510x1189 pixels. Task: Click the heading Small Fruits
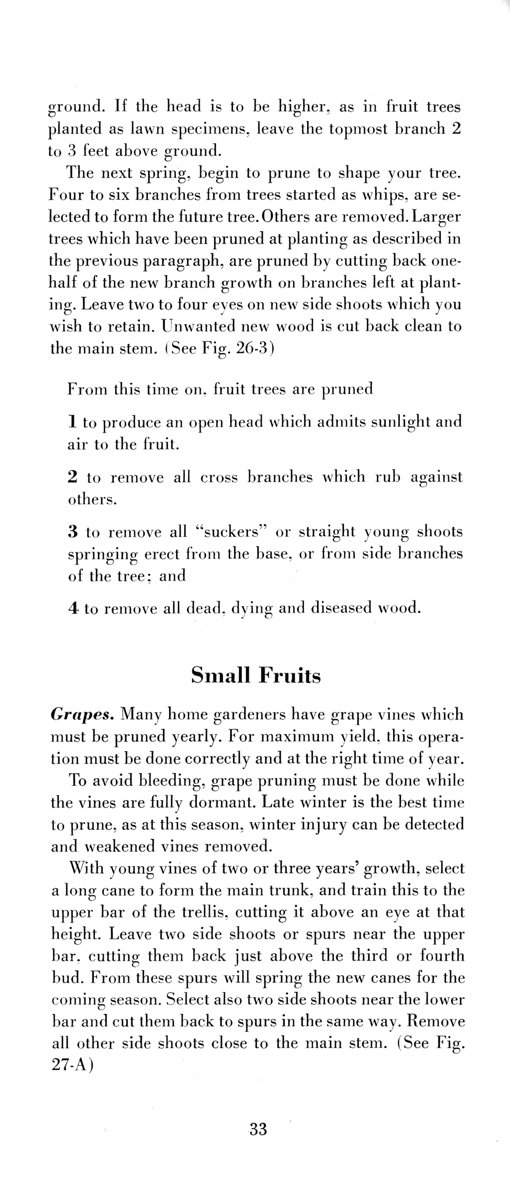coord(256,676)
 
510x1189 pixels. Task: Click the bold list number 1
coord(72,421)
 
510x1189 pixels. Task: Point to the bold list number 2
coord(72,477)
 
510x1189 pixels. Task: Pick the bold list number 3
coord(72,532)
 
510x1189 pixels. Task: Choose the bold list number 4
coord(73,608)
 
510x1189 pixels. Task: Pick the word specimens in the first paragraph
coord(210,129)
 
